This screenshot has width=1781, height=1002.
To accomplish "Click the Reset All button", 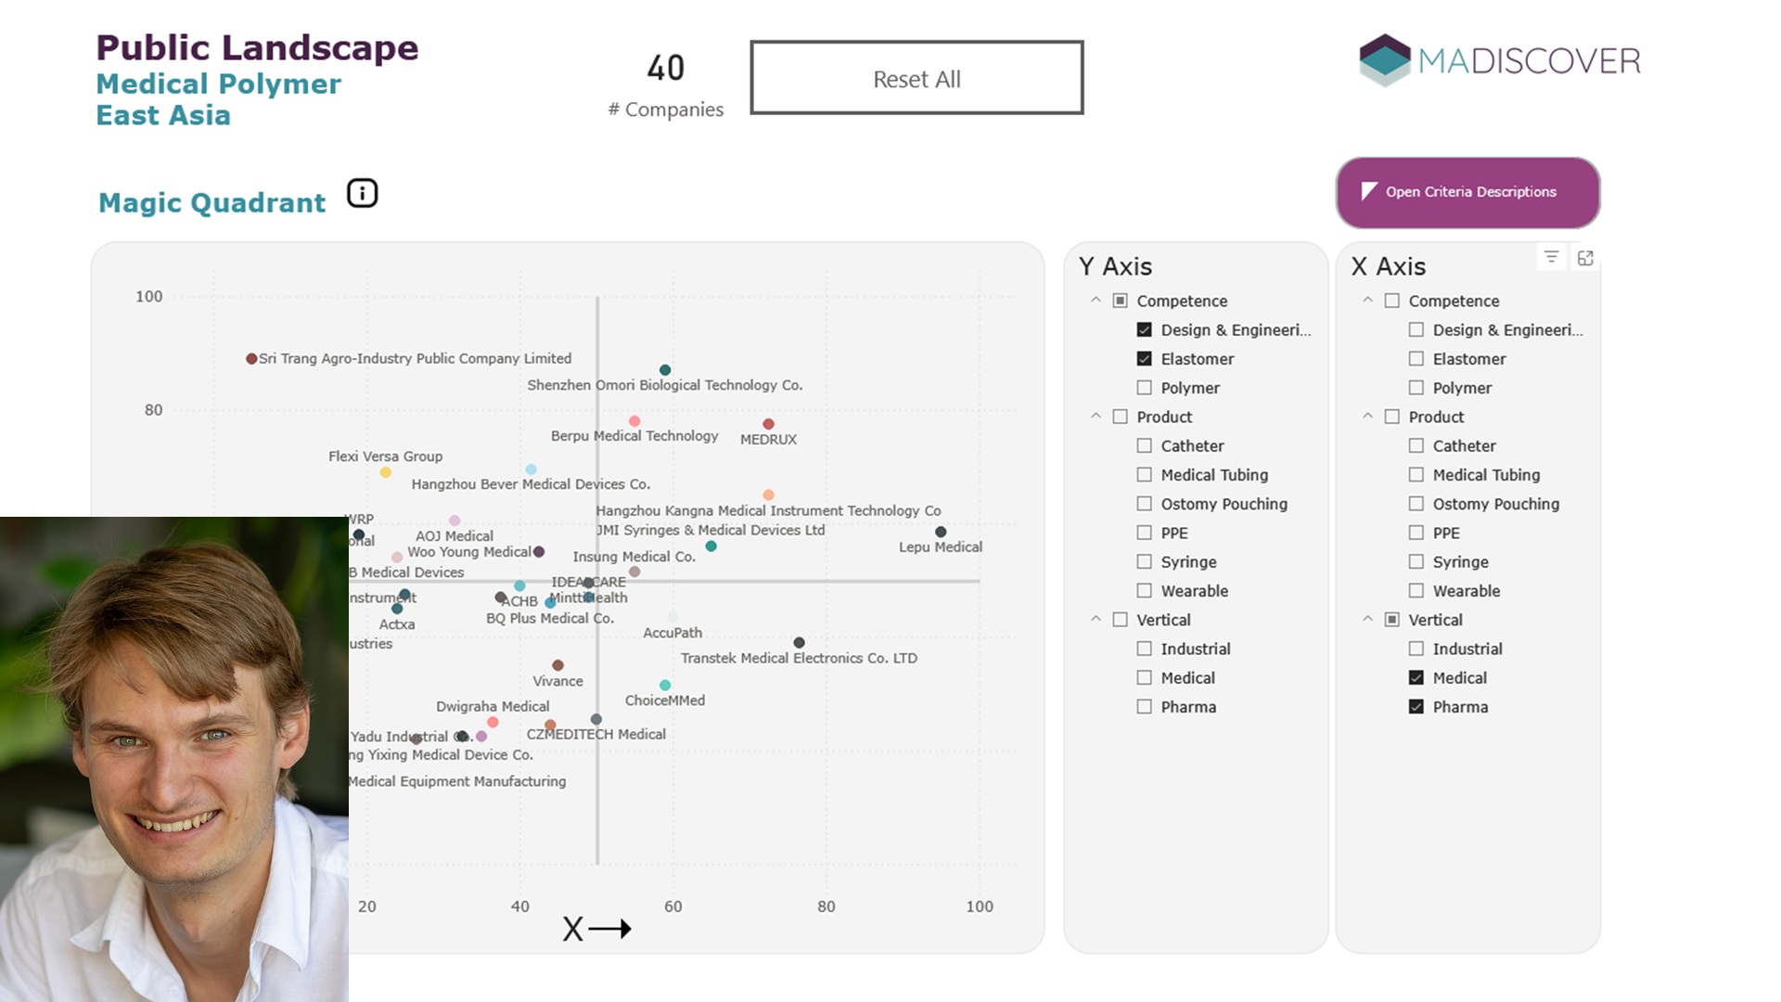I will [x=916, y=78].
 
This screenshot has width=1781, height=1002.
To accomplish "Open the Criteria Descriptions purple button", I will [x=1467, y=192].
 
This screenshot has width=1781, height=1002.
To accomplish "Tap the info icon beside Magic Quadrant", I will [x=362, y=193].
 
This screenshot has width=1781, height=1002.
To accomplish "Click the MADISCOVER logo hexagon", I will [x=1384, y=59].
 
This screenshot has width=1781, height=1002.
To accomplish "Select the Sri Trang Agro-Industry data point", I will [x=251, y=359].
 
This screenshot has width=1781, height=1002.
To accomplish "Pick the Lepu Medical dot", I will [x=941, y=532].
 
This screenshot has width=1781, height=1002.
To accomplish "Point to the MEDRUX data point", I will [x=768, y=424].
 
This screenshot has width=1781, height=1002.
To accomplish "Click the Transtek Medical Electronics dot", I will [x=799, y=642].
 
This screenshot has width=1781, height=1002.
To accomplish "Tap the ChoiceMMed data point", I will [x=665, y=685].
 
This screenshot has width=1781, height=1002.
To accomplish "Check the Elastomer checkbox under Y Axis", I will [x=1145, y=359].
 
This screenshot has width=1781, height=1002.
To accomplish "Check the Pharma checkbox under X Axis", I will [x=1416, y=707].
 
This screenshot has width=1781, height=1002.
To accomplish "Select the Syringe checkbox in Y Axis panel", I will [x=1145, y=562].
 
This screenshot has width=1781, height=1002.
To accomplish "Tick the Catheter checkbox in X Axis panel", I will [x=1416, y=446].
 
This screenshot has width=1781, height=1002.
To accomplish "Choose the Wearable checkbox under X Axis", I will [x=1416, y=591].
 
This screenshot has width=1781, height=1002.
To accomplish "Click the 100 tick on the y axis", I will [x=148, y=297].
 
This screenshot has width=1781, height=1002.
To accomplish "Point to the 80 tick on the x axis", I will [x=826, y=906].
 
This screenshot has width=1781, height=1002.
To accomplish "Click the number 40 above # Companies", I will [x=665, y=68].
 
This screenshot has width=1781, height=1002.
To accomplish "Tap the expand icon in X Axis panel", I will [x=1585, y=258].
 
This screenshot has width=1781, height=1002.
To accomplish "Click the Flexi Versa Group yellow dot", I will [x=386, y=472].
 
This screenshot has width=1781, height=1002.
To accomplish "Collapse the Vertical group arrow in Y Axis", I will [x=1096, y=620].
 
